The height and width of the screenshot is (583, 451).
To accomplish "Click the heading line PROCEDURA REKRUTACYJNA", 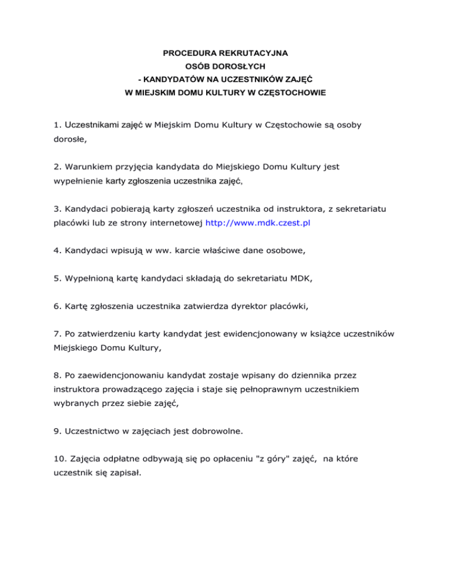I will coord(225,54).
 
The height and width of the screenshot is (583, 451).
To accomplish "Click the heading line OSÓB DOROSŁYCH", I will coord(225,67).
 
